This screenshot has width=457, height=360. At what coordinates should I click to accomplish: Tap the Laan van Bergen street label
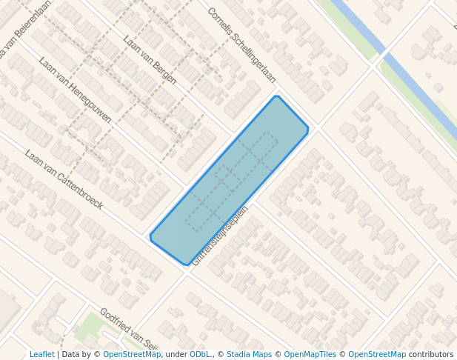[150, 59]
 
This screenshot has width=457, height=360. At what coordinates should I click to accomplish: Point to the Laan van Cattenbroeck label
[64, 179]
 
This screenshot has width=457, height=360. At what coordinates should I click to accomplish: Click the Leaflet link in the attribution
[41, 354]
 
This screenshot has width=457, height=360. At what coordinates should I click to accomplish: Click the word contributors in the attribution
[431, 354]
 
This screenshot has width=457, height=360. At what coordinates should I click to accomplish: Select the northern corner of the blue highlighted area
[276, 96]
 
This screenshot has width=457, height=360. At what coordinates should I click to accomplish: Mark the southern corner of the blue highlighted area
[185, 264]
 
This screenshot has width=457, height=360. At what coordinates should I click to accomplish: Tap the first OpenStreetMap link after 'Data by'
[132, 354]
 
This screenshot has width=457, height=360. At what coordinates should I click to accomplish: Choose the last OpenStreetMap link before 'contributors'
[376, 354]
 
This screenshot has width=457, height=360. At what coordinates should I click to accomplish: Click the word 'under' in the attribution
[176, 354]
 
